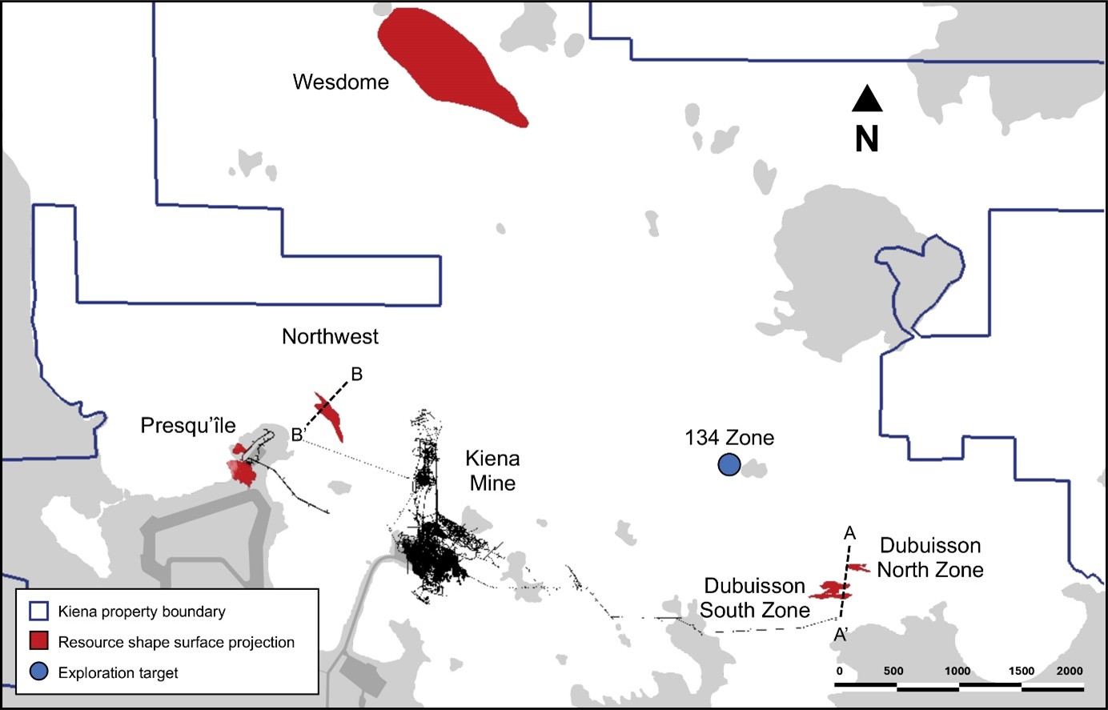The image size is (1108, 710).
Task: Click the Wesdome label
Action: click(340, 82)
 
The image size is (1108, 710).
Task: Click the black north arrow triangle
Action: click(866, 99)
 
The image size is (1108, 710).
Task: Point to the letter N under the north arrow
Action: click(866, 139)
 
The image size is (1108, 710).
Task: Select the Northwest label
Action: click(330, 336)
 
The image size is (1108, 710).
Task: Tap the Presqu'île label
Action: click(188, 425)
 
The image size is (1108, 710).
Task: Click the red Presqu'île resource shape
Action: click(243, 472)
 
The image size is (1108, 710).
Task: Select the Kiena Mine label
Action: click(492, 471)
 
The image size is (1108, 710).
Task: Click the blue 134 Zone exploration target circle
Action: click(728, 464)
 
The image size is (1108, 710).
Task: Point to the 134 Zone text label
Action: click(729, 438)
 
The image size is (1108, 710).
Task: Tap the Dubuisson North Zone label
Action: click(930, 557)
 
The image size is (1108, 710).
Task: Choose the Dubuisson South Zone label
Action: click(755, 598)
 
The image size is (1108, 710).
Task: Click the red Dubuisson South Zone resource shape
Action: click(829, 592)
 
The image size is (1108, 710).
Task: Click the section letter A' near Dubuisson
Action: click(841, 635)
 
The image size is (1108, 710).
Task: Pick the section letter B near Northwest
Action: click(357, 374)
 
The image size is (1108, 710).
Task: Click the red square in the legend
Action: click(39, 642)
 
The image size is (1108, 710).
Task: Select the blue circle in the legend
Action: click(39, 672)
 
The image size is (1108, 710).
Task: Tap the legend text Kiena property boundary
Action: click(142, 612)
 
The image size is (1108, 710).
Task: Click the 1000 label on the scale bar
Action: click(957, 671)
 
